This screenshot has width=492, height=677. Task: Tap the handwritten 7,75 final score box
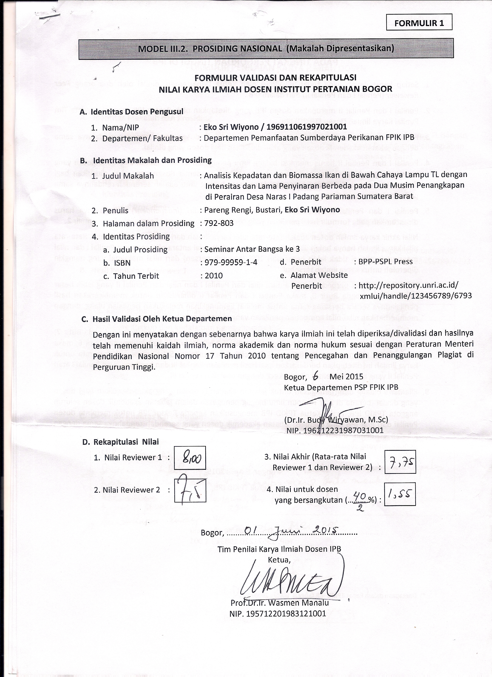[x=400, y=462]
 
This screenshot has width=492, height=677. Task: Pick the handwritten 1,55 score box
[x=400, y=494]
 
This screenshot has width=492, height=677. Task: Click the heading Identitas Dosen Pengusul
[x=137, y=112]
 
